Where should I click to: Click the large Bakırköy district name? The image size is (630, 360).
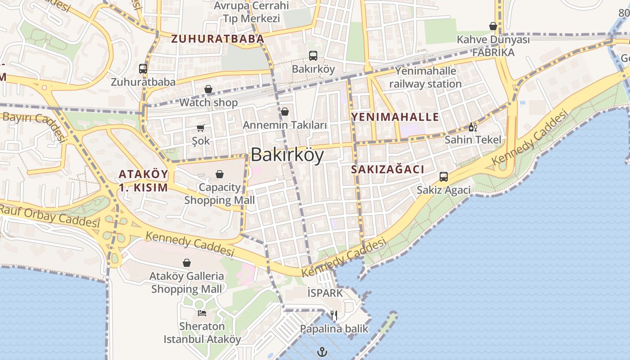point(287,155)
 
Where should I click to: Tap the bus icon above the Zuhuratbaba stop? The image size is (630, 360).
point(143,69)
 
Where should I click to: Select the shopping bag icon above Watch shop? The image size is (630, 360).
point(208,89)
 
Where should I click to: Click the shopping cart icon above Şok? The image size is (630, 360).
point(201,128)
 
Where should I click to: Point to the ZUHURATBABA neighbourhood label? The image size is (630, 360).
point(217,39)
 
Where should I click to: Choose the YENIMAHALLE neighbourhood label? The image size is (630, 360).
point(395,117)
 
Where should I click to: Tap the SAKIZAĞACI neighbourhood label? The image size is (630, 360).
point(387,170)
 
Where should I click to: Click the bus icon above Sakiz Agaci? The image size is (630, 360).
point(444,177)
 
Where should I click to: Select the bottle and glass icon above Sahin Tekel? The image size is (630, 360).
point(472,127)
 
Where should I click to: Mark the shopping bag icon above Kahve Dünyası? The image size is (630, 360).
point(493,27)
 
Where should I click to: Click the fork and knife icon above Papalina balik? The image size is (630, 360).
point(334,315)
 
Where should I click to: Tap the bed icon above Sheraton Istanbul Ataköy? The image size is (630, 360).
point(202,313)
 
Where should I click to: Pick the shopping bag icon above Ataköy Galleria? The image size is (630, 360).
point(187,263)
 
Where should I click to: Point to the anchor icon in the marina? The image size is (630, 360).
point(322,351)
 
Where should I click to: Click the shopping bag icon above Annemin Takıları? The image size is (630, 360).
point(285,112)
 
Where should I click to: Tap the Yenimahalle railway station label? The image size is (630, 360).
point(426,77)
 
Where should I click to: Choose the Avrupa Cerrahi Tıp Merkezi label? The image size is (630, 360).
point(252,12)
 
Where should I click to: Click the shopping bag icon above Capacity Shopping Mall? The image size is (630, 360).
point(220,174)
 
